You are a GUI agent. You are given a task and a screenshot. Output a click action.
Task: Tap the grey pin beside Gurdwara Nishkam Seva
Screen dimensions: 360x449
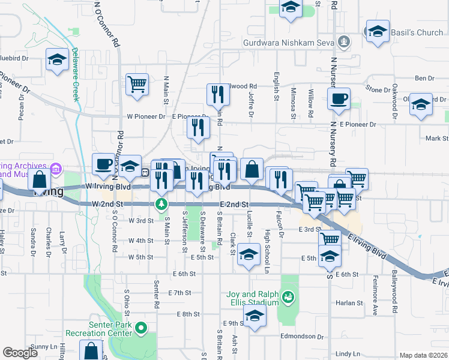[x=344, y=42]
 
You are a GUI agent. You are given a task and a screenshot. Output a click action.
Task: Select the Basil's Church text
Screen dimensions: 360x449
[x=418, y=32]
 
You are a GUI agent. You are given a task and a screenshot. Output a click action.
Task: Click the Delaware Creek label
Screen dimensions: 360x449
[x=76, y=74]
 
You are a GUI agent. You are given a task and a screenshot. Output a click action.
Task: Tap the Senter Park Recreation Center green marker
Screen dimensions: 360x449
[x=141, y=328]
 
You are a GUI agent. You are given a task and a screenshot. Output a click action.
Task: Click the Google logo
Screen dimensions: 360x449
[x=20, y=353]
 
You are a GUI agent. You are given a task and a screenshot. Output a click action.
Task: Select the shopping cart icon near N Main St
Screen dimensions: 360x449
[x=137, y=85]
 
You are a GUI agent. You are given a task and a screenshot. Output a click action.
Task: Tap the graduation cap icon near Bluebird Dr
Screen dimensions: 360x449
[x=57, y=59]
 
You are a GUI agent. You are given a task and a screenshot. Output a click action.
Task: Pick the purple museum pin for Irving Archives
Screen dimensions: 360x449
[x=56, y=170]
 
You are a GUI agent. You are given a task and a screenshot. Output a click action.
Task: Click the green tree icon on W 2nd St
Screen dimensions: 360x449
[x=161, y=204]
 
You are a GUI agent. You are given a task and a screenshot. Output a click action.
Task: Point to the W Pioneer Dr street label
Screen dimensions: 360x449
[x=145, y=116]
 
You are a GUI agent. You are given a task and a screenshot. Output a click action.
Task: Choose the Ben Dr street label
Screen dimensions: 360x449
[x=424, y=78]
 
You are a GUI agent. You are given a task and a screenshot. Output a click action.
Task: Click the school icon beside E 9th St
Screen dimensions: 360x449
[x=255, y=317]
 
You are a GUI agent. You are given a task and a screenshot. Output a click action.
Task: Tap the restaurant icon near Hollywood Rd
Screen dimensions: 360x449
[x=217, y=94]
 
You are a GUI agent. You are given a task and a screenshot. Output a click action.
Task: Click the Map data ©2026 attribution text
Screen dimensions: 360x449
[x=423, y=355]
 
